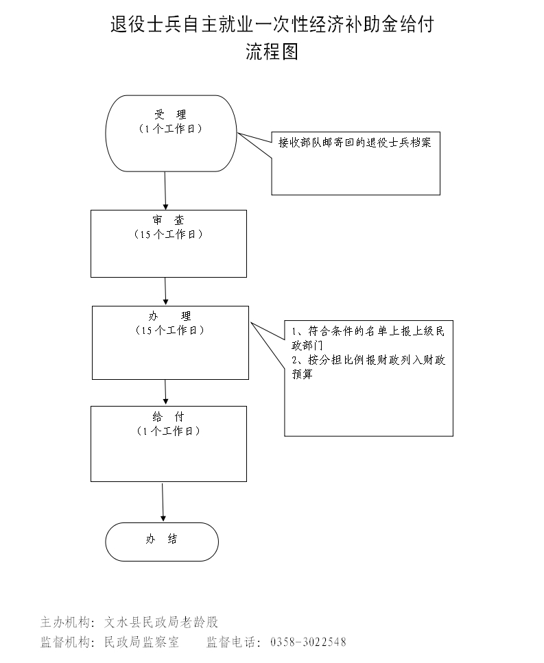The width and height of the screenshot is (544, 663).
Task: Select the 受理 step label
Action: point(170,114)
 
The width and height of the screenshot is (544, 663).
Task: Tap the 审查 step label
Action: point(169,220)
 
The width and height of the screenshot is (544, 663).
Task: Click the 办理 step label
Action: point(170,316)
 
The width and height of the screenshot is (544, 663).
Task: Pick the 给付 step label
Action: point(169,416)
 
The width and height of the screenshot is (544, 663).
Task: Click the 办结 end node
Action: point(162,541)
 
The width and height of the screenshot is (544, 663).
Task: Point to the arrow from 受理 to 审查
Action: point(165,190)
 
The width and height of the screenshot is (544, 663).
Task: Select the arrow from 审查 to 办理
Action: point(166,291)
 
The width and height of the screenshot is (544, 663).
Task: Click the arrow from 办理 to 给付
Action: point(166,392)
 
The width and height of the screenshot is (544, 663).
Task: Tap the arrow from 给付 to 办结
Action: point(163,502)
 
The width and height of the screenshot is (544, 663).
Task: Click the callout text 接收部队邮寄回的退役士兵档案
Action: point(355,143)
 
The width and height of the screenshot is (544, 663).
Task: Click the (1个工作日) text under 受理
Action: point(170,129)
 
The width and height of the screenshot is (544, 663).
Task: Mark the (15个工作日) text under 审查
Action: point(169,234)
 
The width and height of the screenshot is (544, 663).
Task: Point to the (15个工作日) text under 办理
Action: point(170,330)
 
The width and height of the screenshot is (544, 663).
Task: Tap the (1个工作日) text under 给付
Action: point(169,431)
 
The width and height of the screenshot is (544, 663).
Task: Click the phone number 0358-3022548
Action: point(308,642)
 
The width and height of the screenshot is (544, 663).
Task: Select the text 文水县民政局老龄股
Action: point(161,623)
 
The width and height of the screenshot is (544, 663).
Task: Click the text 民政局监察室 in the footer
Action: point(141,642)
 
